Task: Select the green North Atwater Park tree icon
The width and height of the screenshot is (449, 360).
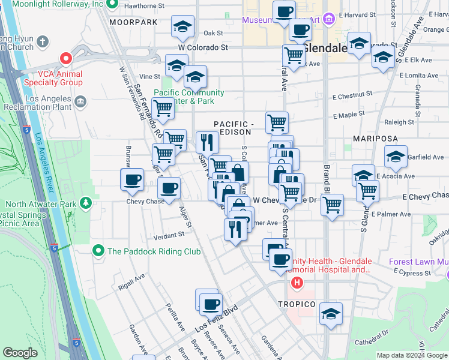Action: pyautogui.click(x=86, y=203)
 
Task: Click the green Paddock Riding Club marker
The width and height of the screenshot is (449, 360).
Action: pyautogui.click(x=98, y=250)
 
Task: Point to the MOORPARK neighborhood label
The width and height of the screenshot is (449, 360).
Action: pyautogui.click(x=133, y=22)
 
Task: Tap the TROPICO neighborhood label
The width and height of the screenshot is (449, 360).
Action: pyautogui.click(x=297, y=304)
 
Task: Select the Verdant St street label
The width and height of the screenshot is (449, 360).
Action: pyautogui.click(x=168, y=235)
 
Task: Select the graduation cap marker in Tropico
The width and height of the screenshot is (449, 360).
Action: pyautogui.click(x=331, y=314)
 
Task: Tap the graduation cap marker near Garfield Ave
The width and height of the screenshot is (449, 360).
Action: pyautogui.click(x=396, y=157)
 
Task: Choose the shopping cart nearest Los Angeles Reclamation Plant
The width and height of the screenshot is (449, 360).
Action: pyautogui.click(x=163, y=109)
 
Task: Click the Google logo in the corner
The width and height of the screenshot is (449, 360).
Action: pyautogui.click(x=20, y=353)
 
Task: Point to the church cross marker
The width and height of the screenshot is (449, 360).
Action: pyautogui.click(x=42, y=42)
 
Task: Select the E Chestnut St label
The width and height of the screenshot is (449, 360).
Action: pyautogui.click(x=352, y=95)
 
